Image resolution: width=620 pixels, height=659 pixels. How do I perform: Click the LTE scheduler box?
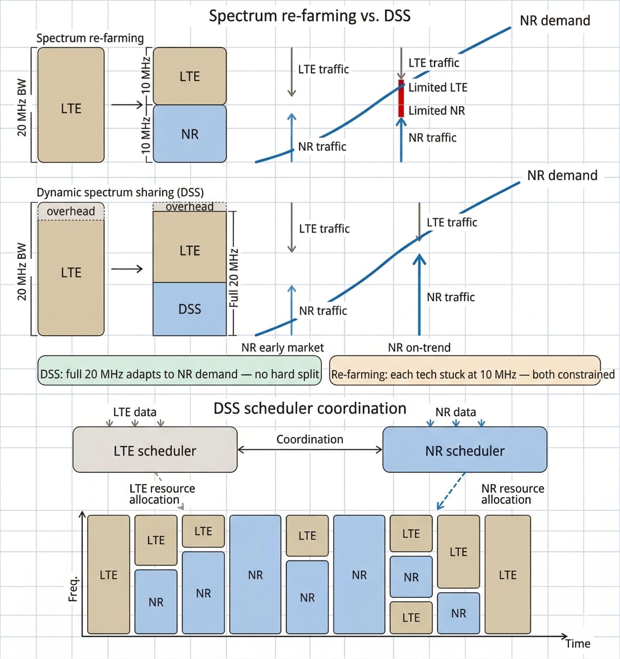click(155, 450)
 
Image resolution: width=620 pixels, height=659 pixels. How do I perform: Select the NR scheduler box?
click(464, 450)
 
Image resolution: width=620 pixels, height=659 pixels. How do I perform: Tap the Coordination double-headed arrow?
click(310, 450)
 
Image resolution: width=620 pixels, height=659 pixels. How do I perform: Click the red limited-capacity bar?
click(401, 98)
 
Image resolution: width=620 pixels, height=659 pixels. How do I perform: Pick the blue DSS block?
click(190, 309)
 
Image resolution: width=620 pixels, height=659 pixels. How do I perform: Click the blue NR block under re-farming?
click(190, 134)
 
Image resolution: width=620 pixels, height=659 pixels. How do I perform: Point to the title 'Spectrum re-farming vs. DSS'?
click(310, 16)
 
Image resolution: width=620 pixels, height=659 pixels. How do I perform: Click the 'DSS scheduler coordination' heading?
click(310, 408)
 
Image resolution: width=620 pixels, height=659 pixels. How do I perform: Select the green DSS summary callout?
click(179, 370)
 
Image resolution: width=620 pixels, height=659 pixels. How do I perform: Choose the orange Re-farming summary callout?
click(465, 370)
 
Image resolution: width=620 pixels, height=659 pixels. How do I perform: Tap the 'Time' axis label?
click(578, 644)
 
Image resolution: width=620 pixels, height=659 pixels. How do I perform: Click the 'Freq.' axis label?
click(73, 589)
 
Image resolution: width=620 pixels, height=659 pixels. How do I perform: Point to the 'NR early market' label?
click(283, 348)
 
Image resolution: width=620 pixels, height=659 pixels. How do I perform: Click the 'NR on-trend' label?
click(419, 348)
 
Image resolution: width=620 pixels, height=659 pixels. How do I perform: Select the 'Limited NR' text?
click(436, 111)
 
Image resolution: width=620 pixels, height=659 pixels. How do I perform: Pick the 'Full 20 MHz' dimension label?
click(234, 278)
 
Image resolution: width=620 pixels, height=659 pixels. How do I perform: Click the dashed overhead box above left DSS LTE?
click(71, 212)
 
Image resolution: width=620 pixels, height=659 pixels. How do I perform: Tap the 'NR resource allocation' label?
click(512, 494)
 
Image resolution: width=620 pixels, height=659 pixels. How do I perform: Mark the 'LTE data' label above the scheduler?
click(135, 412)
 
